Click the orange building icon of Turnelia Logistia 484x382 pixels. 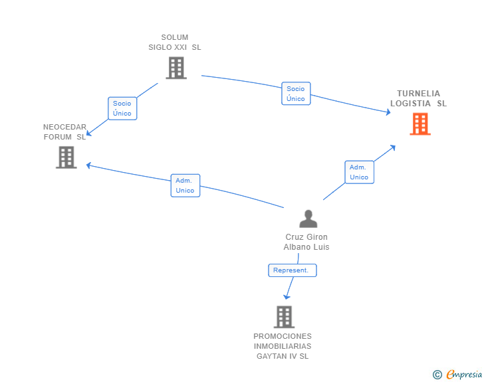(x=420, y=124)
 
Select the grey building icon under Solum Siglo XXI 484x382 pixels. (x=176, y=68)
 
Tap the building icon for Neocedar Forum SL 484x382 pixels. (x=66, y=157)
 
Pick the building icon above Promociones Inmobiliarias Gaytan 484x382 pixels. (x=285, y=317)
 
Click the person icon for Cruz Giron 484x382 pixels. (x=308, y=219)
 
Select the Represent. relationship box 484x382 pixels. (x=293, y=270)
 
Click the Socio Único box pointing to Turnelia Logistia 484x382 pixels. (x=296, y=94)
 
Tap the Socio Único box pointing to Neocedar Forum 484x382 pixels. (x=122, y=108)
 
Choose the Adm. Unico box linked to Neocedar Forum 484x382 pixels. (x=185, y=185)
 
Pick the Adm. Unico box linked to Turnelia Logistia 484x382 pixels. (x=359, y=172)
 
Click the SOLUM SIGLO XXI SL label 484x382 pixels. (x=175, y=43)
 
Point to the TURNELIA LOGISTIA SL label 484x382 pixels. (x=419, y=98)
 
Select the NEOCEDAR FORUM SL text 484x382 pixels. (x=65, y=132)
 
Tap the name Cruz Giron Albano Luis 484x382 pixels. (x=306, y=242)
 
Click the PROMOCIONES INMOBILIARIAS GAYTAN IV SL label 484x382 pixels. (x=283, y=346)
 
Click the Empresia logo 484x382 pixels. (x=464, y=374)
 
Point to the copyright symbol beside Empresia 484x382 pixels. (x=437, y=375)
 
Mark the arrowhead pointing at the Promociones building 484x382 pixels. (x=287, y=297)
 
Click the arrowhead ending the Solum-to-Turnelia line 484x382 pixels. (x=388, y=112)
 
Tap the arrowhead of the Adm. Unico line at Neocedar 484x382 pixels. (x=88, y=165)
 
